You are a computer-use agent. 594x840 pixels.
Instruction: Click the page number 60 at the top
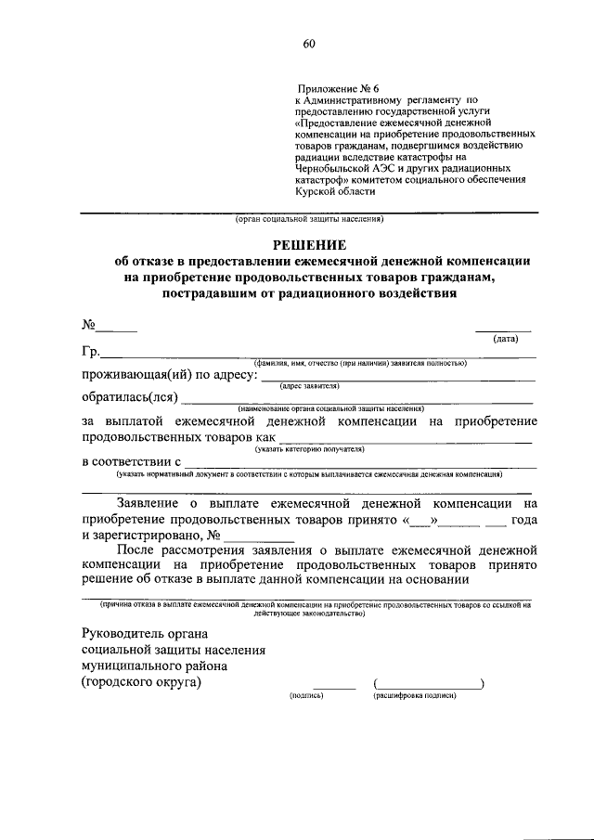click(308, 44)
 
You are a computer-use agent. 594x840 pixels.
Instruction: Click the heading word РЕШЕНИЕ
click(308, 246)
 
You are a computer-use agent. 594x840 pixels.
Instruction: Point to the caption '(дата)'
click(505, 340)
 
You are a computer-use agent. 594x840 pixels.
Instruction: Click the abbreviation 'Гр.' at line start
click(91, 352)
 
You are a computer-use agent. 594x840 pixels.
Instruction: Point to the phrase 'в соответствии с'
click(131, 461)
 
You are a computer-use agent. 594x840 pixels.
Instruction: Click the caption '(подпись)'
click(306, 695)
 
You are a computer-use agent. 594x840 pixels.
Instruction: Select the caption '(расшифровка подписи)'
click(414, 695)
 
